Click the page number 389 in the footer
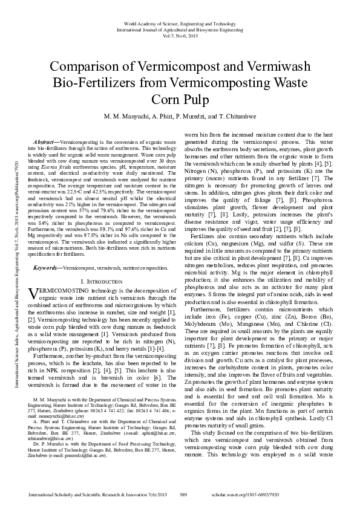click(184, 495)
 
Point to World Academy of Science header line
click(180, 22)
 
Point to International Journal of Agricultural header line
click(180, 29)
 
